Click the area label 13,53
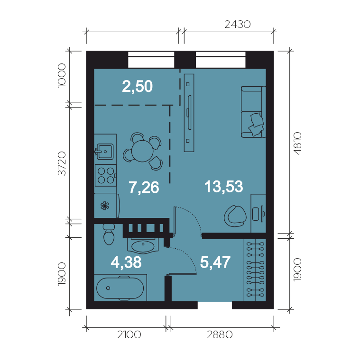coord(224,187)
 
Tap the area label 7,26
coord(144,188)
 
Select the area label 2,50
coord(137,87)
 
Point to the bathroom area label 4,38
coord(126,262)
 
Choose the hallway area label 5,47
coord(215,262)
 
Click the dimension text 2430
coord(237,24)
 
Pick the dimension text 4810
coord(297,143)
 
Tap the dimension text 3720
coord(62,163)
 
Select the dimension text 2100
coord(129,335)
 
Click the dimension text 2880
coord(220,335)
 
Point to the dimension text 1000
coord(62,75)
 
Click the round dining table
coord(142,151)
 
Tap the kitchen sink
coord(104,152)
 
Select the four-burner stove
coord(105,175)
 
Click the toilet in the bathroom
coord(109,234)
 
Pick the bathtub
coord(120,288)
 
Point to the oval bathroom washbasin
coord(143,246)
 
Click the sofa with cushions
coord(253,112)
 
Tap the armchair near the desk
coord(235,216)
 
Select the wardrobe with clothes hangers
coord(255,270)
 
